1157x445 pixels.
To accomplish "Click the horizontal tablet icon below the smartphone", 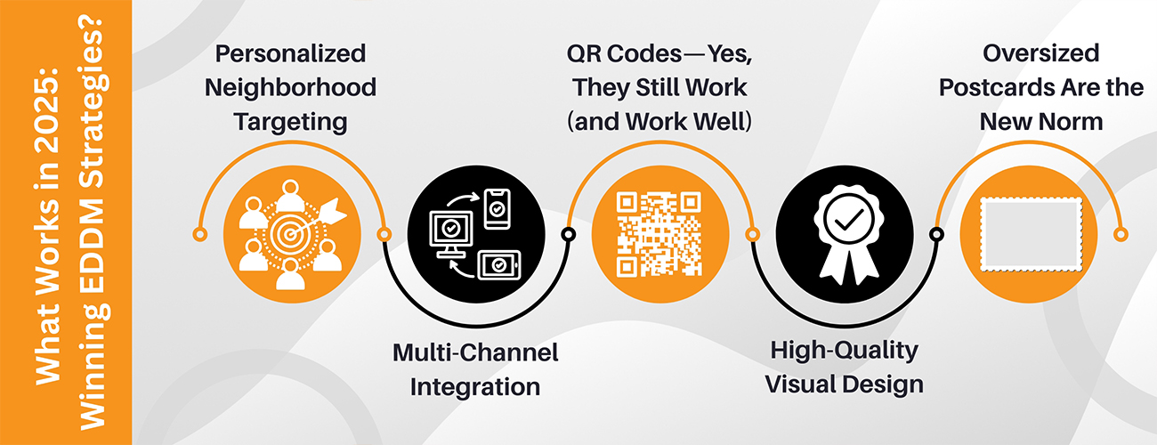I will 498,265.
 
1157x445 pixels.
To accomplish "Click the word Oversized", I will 1040,53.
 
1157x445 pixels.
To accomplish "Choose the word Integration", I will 475,387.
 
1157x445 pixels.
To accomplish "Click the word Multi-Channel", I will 475,353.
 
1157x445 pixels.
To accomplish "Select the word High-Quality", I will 845,351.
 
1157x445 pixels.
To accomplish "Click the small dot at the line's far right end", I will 1121,234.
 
